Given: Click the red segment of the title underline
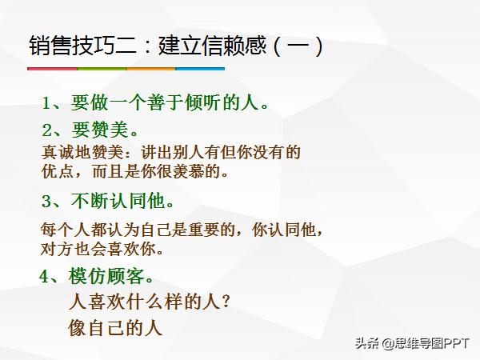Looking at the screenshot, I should (51, 69).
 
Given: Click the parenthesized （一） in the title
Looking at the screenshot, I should (296, 45).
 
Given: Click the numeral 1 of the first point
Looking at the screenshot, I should (47, 103).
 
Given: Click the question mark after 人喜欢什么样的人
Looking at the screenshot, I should (226, 302).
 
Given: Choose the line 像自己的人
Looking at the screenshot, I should (116, 327).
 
